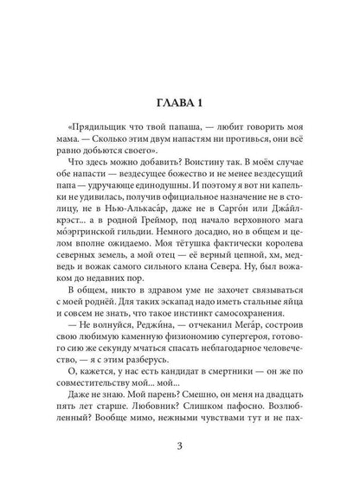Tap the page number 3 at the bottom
(x=179, y=445)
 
